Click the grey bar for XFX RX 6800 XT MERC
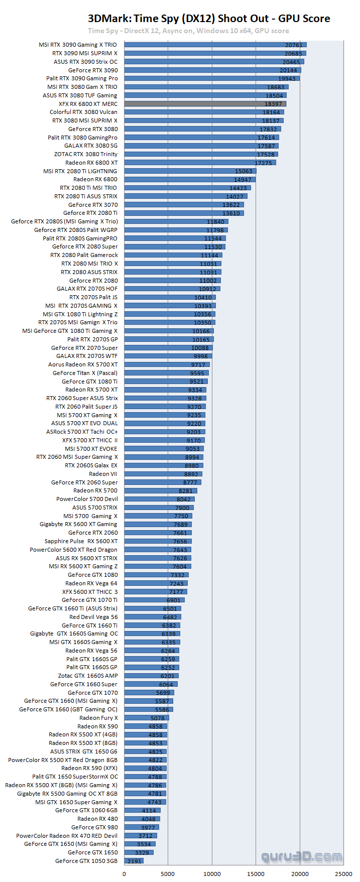[205, 104]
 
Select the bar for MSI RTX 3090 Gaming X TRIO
[215, 45]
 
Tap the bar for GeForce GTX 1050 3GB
[134, 861]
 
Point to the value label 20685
[293, 54]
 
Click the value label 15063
[244, 171]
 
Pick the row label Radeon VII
[103, 474]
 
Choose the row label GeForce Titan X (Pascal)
[85, 373]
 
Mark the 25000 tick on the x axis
[343, 873]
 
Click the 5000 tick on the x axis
[168, 873]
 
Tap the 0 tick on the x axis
[125, 873]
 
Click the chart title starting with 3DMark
[209, 19]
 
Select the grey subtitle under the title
[188, 31]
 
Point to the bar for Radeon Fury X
[147, 718]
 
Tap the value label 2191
[134, 861]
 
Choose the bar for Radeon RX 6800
[190, 179]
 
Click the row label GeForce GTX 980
[94, 827]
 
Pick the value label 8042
[183, 499]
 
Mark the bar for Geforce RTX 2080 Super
[175, 246]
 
